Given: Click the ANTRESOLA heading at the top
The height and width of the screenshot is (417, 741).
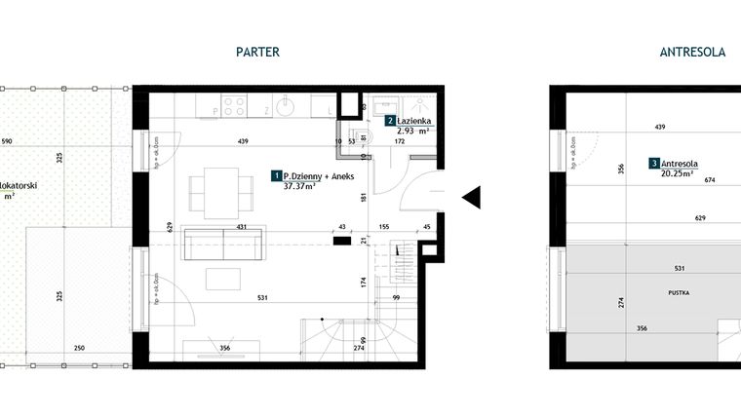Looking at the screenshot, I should pos(693,53).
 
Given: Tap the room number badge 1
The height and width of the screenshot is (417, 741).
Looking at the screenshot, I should pos(277,175).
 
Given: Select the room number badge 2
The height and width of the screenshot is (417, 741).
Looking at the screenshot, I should pos(390,122).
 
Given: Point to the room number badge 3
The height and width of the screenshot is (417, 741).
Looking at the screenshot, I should pos(653,164).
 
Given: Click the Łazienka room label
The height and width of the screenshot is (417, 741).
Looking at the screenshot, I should pos(415,122).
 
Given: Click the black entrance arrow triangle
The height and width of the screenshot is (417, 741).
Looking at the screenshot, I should pos(471,198).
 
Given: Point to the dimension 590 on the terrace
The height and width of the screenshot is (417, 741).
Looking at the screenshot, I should pos(8,142).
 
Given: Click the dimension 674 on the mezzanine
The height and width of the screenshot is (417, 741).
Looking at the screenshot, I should pos(682,180).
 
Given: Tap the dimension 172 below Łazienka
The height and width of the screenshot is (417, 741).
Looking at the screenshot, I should pos(400,142).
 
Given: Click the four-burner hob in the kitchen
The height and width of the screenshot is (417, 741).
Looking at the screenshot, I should pos(234,103).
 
